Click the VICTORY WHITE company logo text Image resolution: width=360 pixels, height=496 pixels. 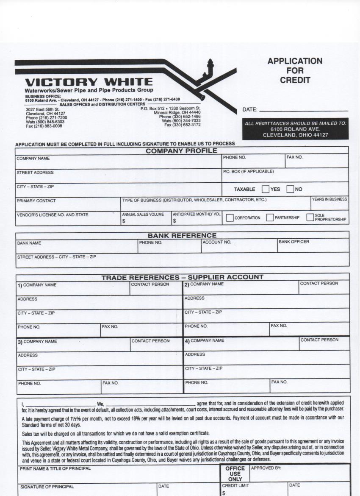coord(89,82)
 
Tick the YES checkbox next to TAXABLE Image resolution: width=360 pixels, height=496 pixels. coord(266,189)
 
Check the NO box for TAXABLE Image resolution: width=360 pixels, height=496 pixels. coord(290,189)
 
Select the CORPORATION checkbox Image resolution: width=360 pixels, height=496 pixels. coord(230,218)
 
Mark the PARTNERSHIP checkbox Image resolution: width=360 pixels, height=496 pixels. coord(270,218)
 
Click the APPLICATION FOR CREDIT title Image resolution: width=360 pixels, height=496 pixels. coord(295,70)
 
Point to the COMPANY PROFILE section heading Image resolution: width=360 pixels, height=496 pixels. coord(181,151)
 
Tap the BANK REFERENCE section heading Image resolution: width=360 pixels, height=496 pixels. coord(182,235)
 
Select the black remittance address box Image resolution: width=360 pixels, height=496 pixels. coord(295,129)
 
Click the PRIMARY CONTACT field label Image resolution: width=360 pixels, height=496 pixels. coord(36,201)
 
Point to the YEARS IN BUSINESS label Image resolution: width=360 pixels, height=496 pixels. coord(330,199)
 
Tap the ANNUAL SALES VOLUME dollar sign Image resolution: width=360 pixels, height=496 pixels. coord(124,221)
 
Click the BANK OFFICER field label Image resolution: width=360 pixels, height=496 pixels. coord(294,242)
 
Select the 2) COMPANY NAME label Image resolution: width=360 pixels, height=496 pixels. coord(204,284)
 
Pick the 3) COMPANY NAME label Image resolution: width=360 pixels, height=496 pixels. coord(37,342)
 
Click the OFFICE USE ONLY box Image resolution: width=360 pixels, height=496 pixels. coord(235,474)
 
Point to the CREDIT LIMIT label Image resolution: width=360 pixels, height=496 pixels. coord(235,485)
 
